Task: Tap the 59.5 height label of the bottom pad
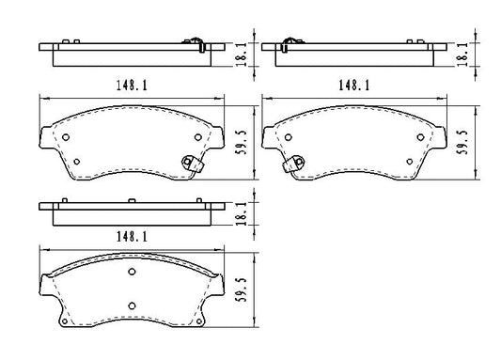pyautogui.click(x=242, y=287)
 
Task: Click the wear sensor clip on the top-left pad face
pyautogui.click(x=195, y=164)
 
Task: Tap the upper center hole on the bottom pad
pyautogui.click(x=132, y=273)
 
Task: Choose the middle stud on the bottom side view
pyautogui.click(x=132, y=199)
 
